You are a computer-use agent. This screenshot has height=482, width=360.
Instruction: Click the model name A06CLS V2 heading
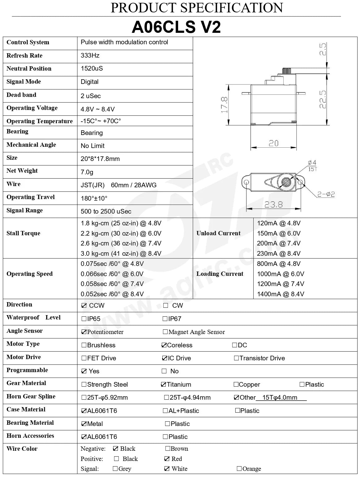coord(176,27)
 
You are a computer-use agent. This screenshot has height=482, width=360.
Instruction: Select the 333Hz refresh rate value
coord(90,55)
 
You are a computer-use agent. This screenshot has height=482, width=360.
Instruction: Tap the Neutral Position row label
coord(29,68)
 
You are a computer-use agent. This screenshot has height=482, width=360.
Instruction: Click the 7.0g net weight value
coord(87,172)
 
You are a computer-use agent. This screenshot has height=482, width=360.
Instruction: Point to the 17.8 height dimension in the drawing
coord(225,105)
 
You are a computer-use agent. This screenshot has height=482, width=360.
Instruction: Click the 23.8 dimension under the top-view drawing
coord(273,205)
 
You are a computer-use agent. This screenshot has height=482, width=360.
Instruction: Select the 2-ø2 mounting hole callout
coord(326,194)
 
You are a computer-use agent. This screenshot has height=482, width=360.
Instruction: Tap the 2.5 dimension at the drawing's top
coord(323,49)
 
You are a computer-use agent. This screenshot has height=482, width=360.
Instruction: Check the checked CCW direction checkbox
coord(84,306)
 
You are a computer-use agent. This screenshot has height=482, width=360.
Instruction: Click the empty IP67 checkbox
coord(165,319)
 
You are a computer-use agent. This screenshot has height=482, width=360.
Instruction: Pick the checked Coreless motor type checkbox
coord(164,345)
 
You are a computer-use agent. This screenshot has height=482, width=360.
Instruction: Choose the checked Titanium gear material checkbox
coord(164,384)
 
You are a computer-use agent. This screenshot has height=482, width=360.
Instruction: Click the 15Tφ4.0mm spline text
coord(280,397)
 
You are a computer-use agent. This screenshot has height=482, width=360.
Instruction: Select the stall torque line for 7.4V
coord(121,243)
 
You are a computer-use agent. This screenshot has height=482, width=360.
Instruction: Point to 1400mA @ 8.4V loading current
coord(281,294)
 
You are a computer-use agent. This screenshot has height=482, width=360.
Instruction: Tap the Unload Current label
coord(218,233)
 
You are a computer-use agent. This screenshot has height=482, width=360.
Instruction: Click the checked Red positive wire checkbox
coord(167,458)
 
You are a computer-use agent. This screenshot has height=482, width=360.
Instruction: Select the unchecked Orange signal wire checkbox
coord(239,468)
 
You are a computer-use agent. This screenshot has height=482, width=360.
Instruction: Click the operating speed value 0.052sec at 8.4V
coord(112,294)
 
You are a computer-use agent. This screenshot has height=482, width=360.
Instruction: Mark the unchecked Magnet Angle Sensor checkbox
coord(165,332)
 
